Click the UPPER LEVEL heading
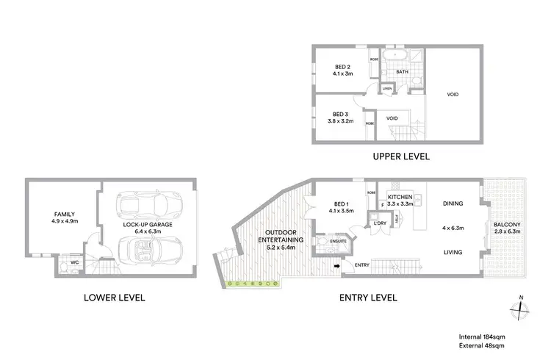click(x=401, y=156)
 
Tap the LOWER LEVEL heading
click(x=115, y=298)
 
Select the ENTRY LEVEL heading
click(x=369, y=298)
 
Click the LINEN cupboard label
click(x=386, y=90)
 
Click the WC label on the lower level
click(x=74, y=262)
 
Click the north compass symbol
click(x=520, y=309)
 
